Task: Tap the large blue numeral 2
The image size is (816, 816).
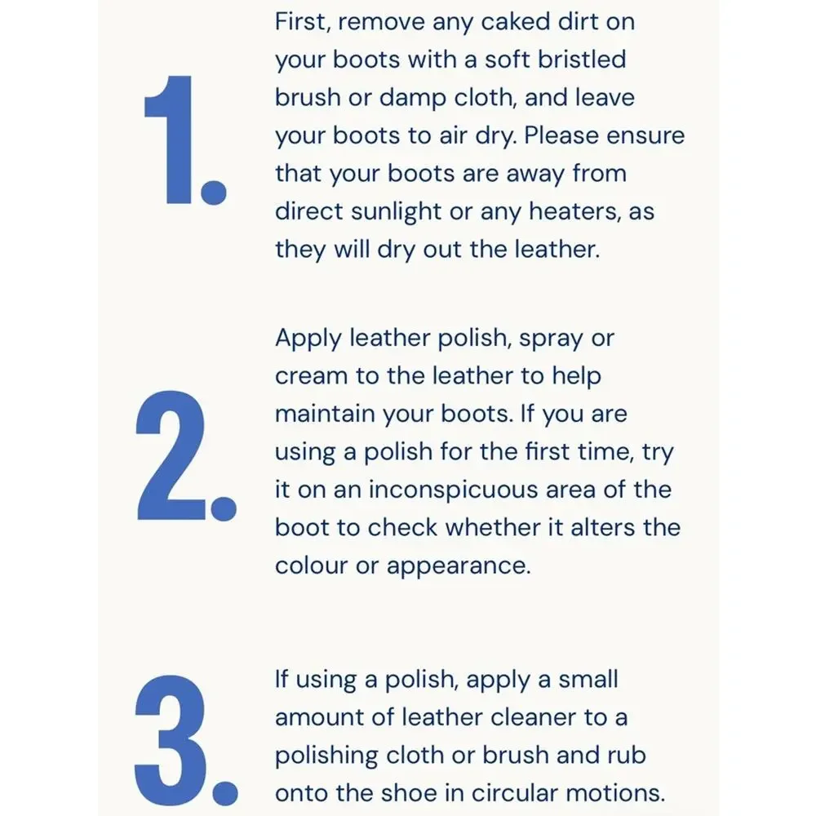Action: pyautogui.click(x=171, y=455)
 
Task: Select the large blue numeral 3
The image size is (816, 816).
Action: pyautogui.click(x=171, y=740)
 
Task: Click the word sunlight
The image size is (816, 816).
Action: pyautogui.click(x=396, y=212)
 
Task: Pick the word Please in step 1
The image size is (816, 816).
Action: pyautogui.click(x=561, y=135)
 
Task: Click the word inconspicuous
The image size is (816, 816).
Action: pyautogui.click(x=482, y=490)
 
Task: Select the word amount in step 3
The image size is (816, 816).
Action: pyautogui.click(x=319, y=717)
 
